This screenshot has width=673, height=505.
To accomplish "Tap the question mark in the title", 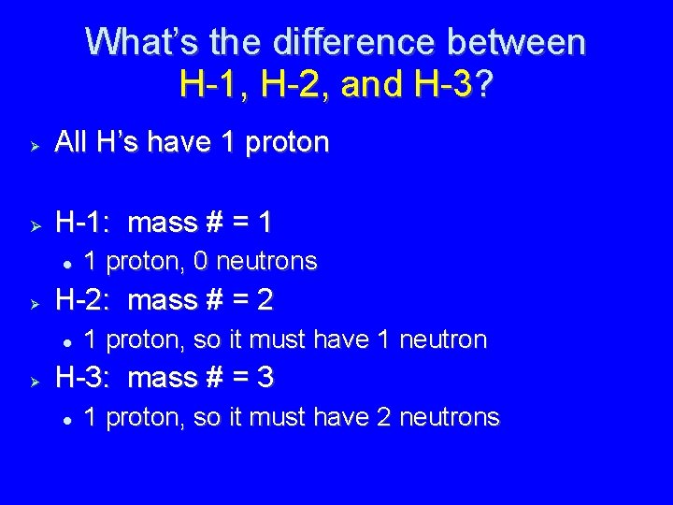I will [485, 86].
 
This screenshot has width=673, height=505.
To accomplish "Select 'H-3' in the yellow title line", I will [442, 86].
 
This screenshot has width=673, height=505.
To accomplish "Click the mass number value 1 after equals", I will [265, 223].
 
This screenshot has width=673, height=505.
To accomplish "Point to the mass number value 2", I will [265, 300].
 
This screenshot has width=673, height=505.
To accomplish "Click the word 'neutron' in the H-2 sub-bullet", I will [444, 339].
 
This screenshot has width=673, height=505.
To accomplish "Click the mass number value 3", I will [265, 378].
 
